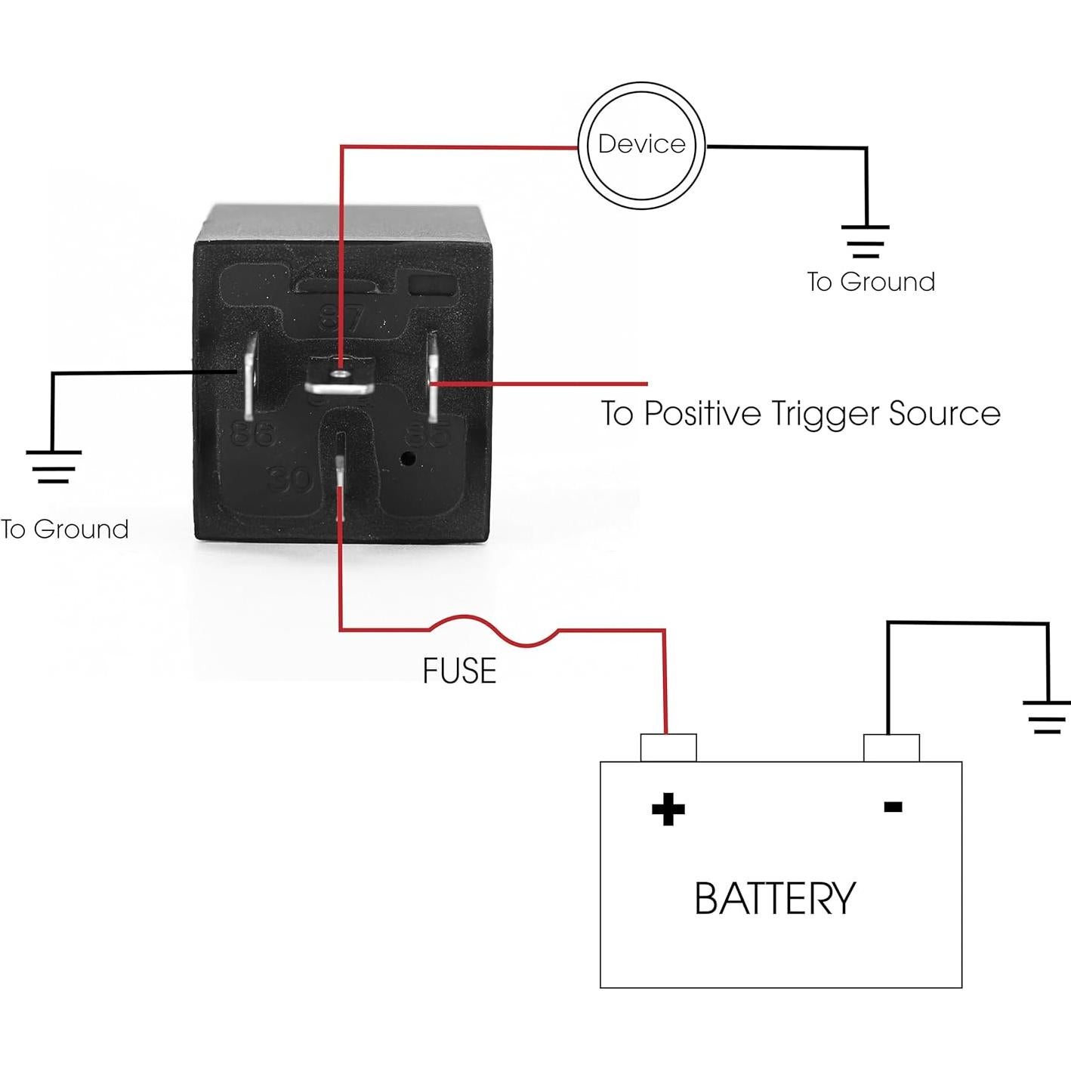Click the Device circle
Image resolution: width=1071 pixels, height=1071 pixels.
click(641, 145)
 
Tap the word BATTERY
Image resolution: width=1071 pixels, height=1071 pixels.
click(774, 898)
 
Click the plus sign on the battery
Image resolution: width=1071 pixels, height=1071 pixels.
click(668, 809)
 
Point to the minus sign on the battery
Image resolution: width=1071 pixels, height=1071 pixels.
click(893, 807)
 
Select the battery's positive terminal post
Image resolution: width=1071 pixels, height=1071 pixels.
click(668, 748)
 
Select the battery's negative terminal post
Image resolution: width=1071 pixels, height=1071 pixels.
click(891, 748)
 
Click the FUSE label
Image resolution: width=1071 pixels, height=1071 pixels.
click(459, 671)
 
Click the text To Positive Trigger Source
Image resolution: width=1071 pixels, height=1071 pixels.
click(800, 413)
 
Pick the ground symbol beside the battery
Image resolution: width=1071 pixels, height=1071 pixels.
click(1047, 717)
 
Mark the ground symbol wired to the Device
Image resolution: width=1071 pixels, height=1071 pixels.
click(866, 241)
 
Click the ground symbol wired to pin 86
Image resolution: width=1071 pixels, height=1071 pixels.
click(53, 466)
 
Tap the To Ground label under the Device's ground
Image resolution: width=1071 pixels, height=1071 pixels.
click(871, 282)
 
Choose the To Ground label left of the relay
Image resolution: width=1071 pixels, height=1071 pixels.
click(65, 529)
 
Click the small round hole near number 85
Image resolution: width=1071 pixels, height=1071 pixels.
click(409, 458)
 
